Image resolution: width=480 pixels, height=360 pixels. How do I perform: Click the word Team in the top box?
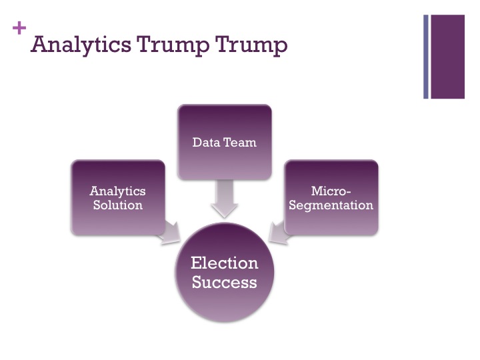point(240,142)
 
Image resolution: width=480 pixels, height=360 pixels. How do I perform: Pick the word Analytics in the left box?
point(117,191)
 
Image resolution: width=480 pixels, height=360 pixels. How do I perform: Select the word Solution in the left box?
point(117,205)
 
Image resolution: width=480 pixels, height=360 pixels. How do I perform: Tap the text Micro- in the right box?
point(331,191)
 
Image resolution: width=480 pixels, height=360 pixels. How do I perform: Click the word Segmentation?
point(331,205)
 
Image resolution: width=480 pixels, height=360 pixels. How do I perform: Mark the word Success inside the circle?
point(224,282)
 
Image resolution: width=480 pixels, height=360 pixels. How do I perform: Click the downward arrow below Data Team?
point(224,199)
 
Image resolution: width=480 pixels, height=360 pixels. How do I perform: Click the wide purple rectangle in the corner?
point(447,57)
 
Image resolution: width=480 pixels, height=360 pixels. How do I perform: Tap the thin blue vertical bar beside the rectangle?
point(425,57)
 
